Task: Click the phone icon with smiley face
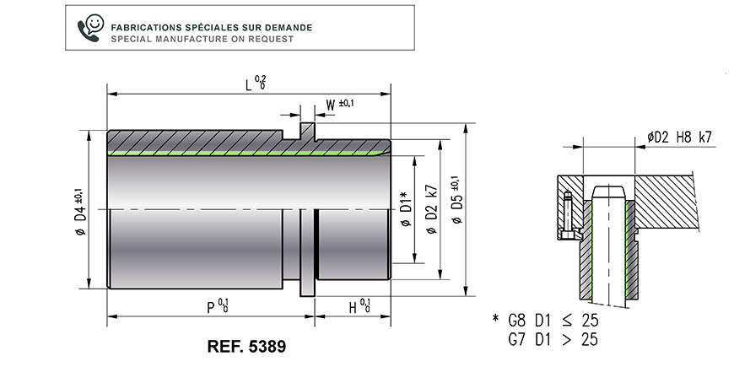(91, 28)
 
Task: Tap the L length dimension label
(256, 84)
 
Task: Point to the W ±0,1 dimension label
(340, 105)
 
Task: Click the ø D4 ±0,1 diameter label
(80, 211)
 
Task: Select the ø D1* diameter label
(407, 208)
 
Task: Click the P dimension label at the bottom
(218, 306)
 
